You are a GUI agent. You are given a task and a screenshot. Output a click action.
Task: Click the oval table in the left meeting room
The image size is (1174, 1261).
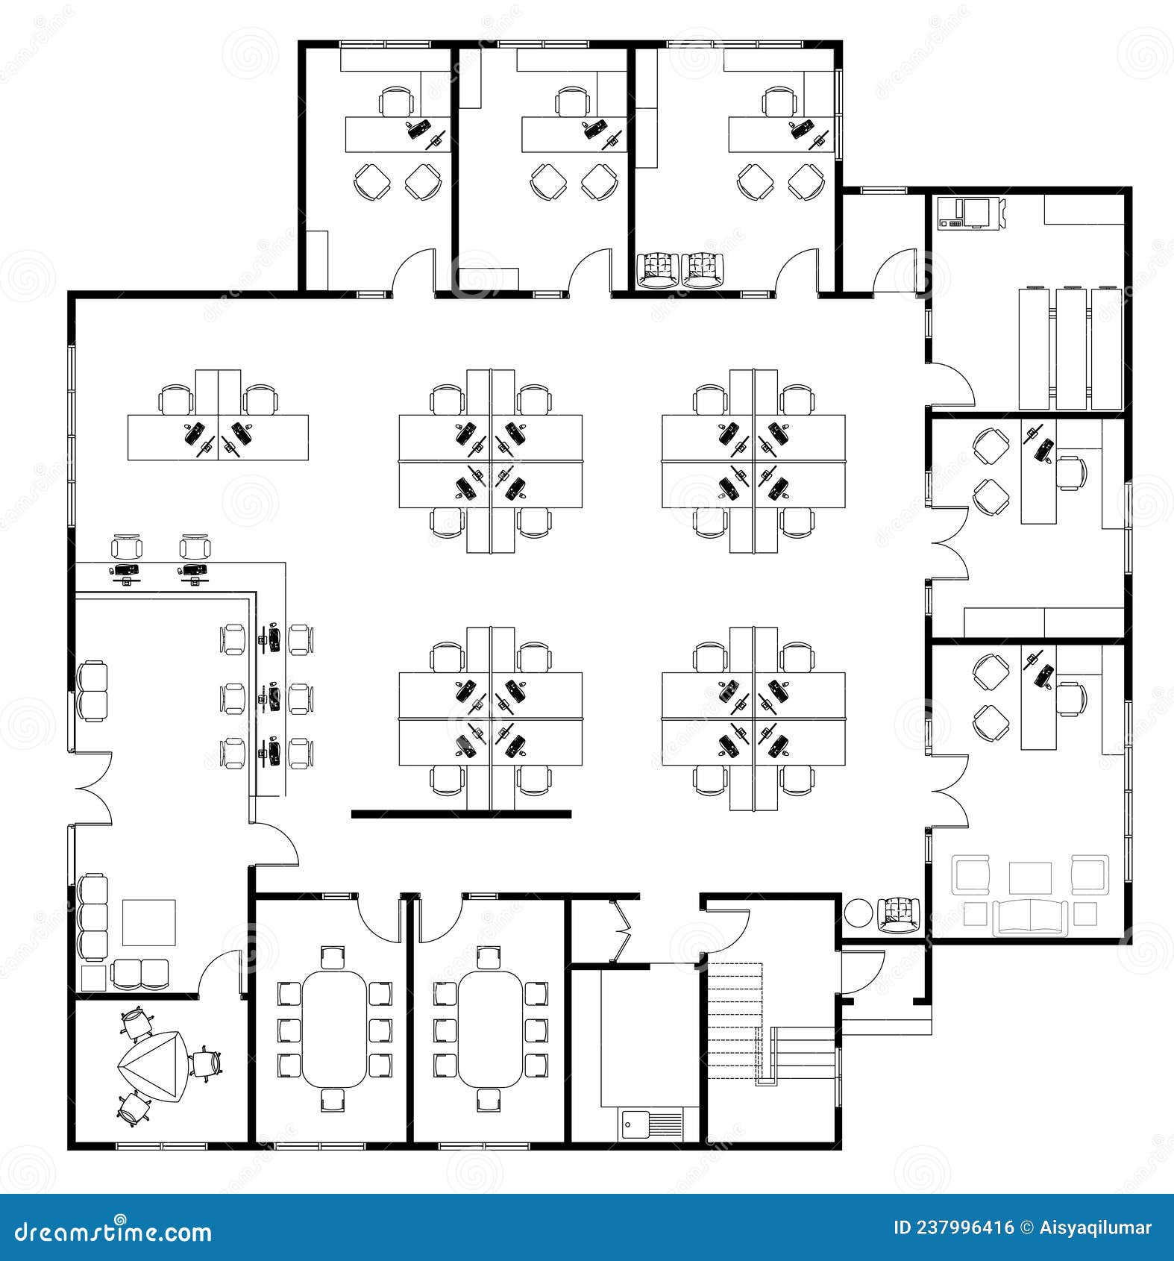[334, 1028]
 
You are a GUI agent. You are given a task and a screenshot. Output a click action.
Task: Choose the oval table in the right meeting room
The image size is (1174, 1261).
[490, 1028]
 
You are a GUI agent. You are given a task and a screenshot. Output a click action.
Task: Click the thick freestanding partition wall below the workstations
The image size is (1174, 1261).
[461, 814]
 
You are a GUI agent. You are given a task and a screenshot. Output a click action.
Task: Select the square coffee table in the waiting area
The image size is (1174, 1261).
[149, 922]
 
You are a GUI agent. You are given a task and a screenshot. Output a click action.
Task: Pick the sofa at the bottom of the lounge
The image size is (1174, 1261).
[1030, 917]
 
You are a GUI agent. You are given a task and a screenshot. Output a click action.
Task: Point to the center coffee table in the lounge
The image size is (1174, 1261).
[1030, 877]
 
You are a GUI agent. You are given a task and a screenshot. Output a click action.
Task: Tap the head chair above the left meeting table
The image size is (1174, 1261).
[333, 957]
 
